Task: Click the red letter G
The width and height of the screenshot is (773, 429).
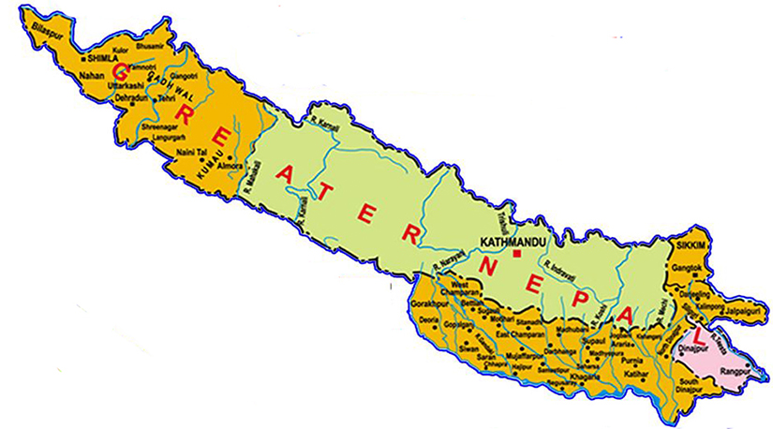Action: (121, 70)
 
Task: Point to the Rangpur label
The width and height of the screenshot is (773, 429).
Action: (735, 371)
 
